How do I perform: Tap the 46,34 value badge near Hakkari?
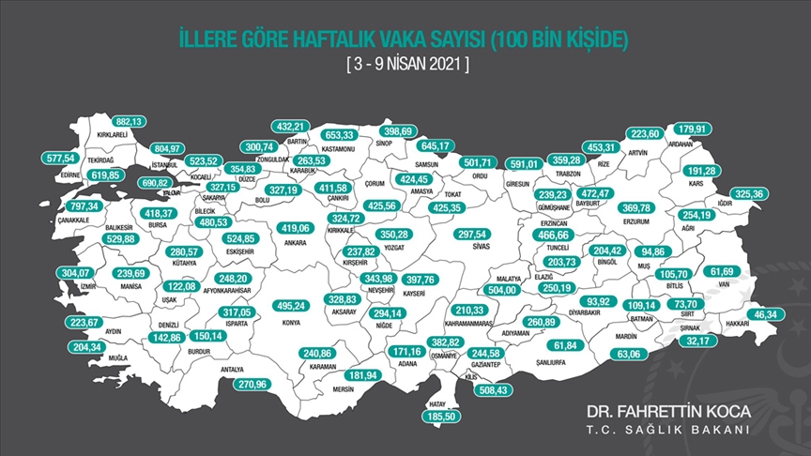pos(769,313)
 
